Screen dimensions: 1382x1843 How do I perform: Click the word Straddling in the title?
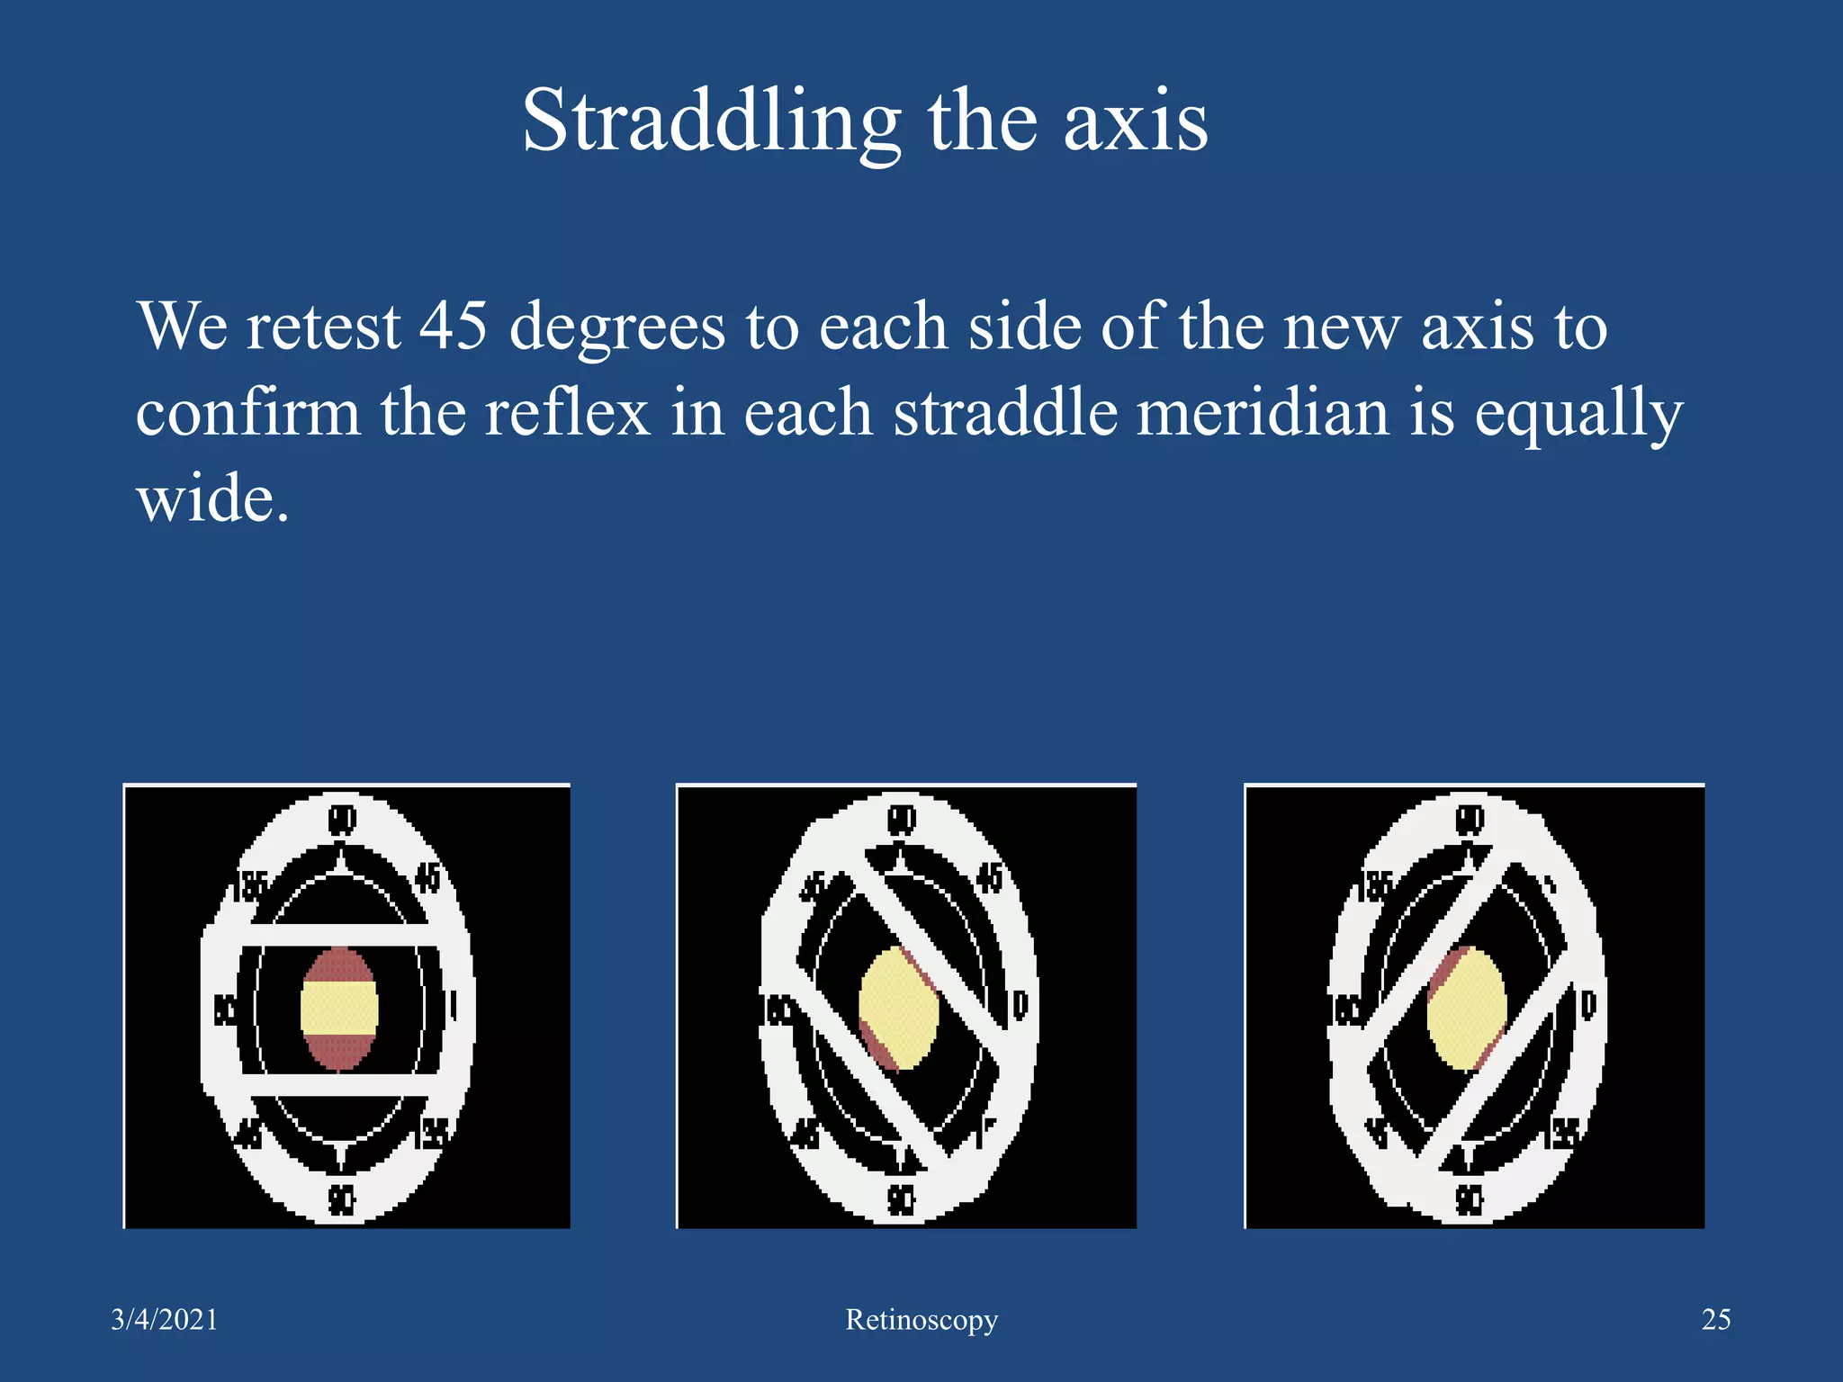(711, 121)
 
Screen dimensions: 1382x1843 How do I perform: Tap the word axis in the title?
(1136, 121)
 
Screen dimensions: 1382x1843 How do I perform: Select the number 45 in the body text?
(454, 325)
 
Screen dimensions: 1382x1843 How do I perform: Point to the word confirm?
(247, 412)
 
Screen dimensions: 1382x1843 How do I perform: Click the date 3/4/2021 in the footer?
(165, 1319)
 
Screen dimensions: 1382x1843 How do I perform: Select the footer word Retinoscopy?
(921, 1320)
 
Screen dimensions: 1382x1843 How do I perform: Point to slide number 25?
(1716, 1319)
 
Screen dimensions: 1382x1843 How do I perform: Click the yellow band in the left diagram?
(338, 1008)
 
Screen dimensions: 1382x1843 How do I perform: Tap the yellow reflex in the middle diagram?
(897, 1008)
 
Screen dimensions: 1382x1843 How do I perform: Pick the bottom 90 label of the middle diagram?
(901, 1199)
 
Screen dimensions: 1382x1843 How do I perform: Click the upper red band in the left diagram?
(338, 965)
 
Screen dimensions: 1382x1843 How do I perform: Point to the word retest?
(323, 326)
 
